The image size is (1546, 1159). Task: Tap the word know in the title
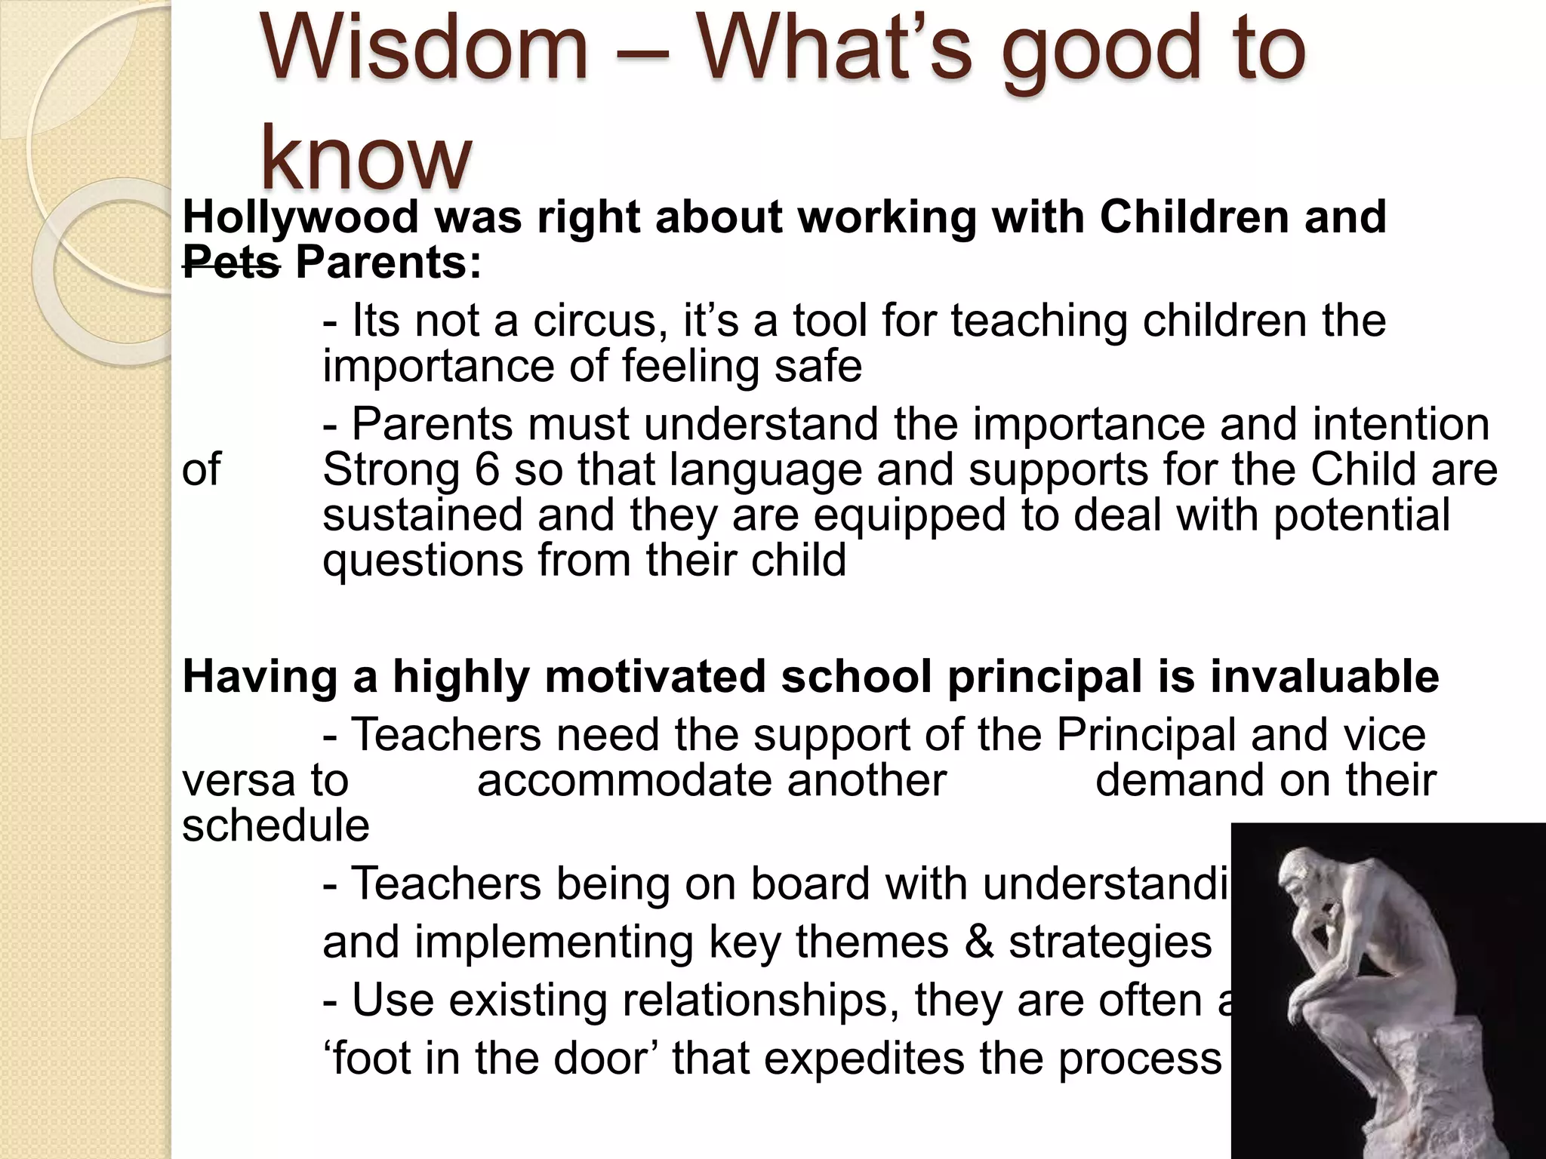(x=365, y=160)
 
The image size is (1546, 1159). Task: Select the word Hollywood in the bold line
(x=300, y=217)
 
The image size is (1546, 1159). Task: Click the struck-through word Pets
(x=231, y=263)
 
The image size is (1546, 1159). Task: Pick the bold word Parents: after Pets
(x=388, y=263)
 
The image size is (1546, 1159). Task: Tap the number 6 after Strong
(x=488, y=470)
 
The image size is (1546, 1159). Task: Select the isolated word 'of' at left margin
(x=201, y=470)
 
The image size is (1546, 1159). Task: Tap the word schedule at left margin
(x=276, y=825)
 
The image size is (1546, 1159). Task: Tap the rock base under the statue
(x=1419, y=1079)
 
